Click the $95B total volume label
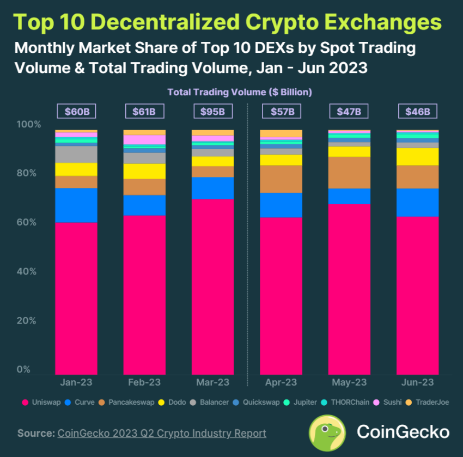pyautogui.click(x=213, y=112)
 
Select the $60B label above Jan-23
pyautogui.click(x=76, y=112)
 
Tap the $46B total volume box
pyautogui.click(x=417, y=112)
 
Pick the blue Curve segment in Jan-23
pyautogui.click(x=76, y=205)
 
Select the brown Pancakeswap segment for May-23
pyautogui.click(x=349, y=173)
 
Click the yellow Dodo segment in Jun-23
pyautogui.click(x=417, y=156)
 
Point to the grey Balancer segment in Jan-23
pyautogui.click(x=76, y=154)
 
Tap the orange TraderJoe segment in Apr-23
pyautogui.click(x=281, y=133)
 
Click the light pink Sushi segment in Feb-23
pyautogui.click(x=144, y=139)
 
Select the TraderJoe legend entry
pyautogui.click(x=430, y=403)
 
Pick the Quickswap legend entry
pyautogui.click(x=260, y=403)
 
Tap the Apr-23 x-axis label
pyautogui.click(x=281, y=383)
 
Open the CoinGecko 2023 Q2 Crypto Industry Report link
pyautogui.click(x=161, y=434)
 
